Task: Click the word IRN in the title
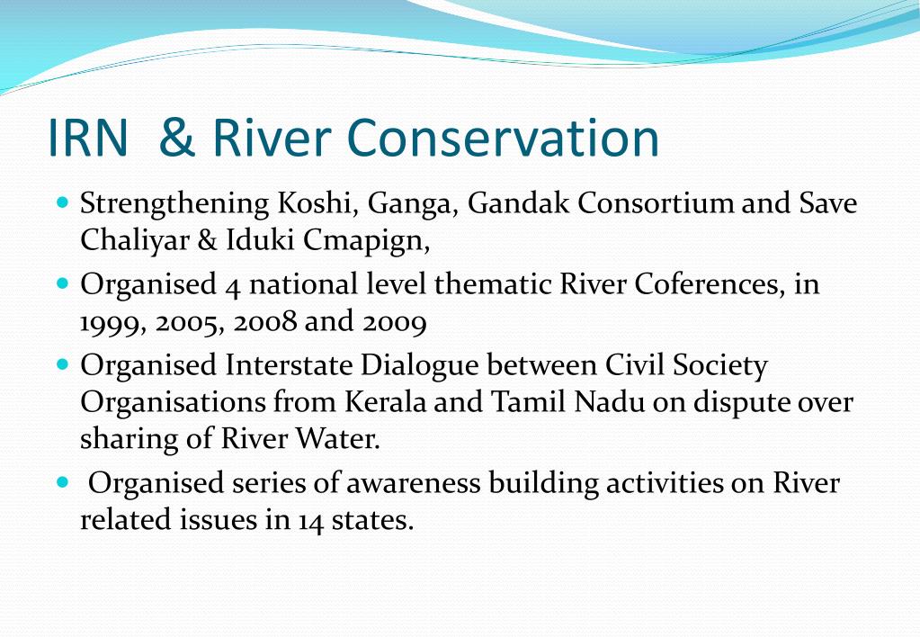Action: pos(87,138)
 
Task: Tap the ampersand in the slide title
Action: pos(177,138)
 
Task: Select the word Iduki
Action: pos(260,239)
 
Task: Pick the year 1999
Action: pos(112,324)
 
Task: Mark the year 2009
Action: pos(394,324)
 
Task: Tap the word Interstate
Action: pos(289,365)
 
